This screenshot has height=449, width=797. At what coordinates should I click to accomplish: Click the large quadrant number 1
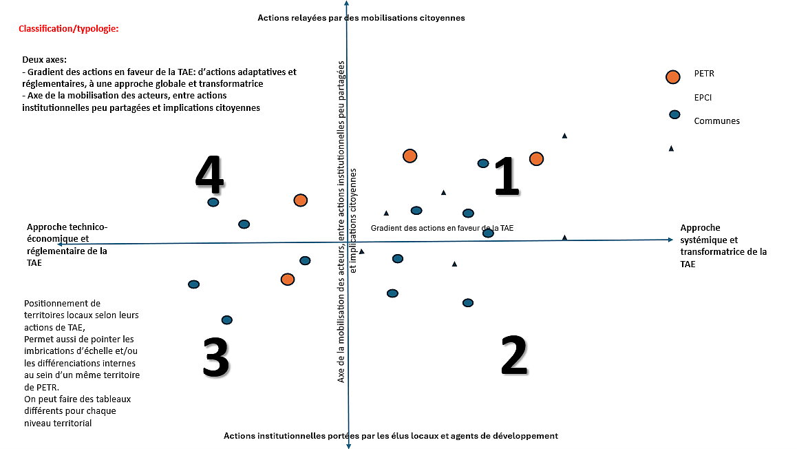click(x=507, y=177)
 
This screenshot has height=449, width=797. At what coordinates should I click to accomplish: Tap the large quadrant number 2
click(x=513, y=355)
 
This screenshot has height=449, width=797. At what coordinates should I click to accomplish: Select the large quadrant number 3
click(x=215, y=357)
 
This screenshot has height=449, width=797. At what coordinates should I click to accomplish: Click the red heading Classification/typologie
click(x=69, y=30)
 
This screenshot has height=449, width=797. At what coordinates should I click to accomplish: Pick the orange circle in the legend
click(x=673, y=76)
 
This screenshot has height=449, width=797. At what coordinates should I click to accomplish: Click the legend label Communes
click(x=716, y=121)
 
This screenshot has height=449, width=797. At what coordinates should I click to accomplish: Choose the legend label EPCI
click(x=702, y=98)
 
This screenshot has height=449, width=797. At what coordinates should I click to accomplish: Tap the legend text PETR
click(x=704, y=74)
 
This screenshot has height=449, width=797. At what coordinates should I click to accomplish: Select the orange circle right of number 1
click(x=536, y=159)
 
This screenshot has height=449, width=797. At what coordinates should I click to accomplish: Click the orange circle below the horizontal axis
click(x=288, y=279)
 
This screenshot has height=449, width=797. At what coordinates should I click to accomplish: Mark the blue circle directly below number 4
click(x=213, y=202)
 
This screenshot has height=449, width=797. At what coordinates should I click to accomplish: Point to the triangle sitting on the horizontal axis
click(x=564, y=238)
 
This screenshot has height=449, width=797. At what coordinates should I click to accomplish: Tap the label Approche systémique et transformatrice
click(x=723, y=246)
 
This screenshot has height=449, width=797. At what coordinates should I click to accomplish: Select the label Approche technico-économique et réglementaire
click(x=67, y=244)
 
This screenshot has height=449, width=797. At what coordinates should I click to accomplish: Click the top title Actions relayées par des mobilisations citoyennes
click(x=361, y=18)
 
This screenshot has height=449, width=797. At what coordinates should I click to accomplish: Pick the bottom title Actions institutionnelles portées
click(x=390, y=436)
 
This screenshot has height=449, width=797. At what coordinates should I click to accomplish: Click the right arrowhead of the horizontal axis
click(x=670, y=239)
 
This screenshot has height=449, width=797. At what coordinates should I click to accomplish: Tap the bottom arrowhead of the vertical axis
click(x=349, y=446)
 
